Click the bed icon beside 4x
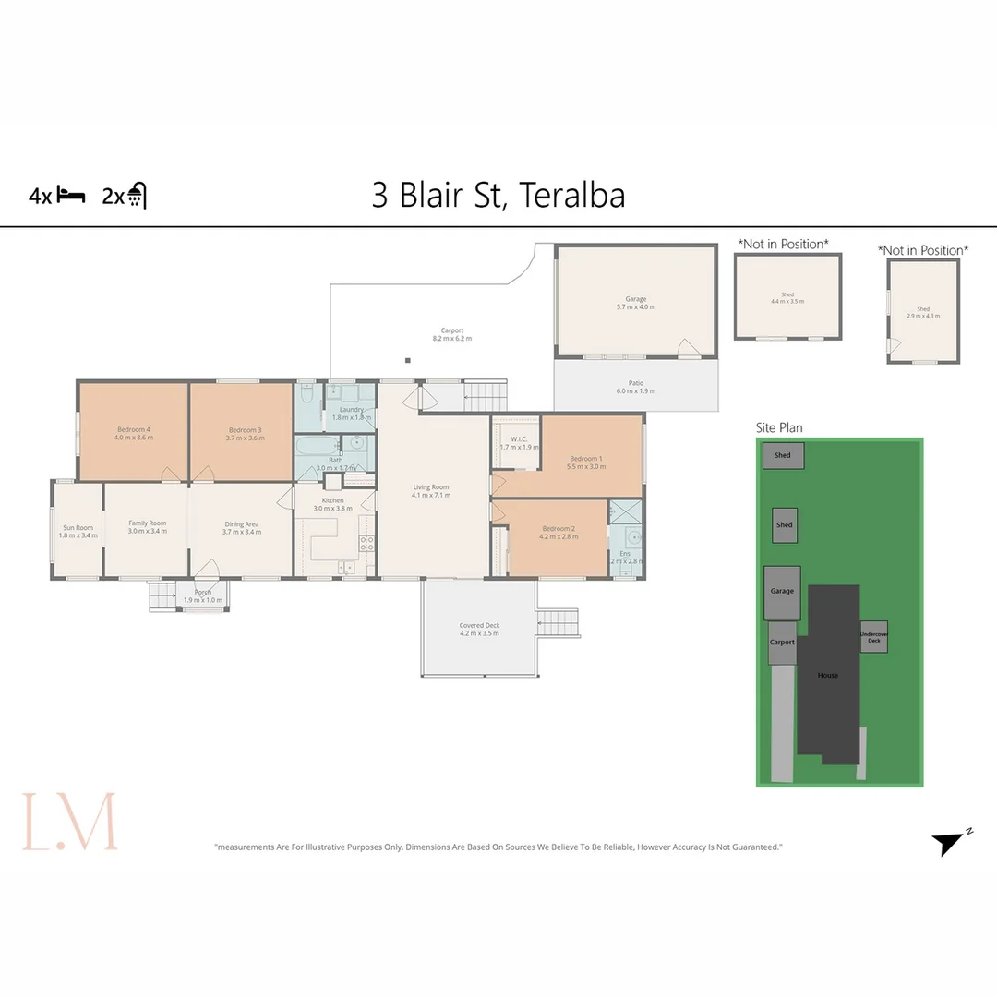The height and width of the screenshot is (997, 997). point(71,196)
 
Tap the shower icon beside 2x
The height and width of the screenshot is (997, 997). point(137,196)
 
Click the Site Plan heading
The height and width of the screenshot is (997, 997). point(779,427)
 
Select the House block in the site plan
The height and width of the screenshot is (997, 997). point(828,675)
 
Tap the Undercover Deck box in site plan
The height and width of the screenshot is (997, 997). point(874,637)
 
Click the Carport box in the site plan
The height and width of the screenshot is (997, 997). point(782,643)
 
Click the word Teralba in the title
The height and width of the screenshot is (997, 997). point(571,195)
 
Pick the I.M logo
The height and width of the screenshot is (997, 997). point(70,821)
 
